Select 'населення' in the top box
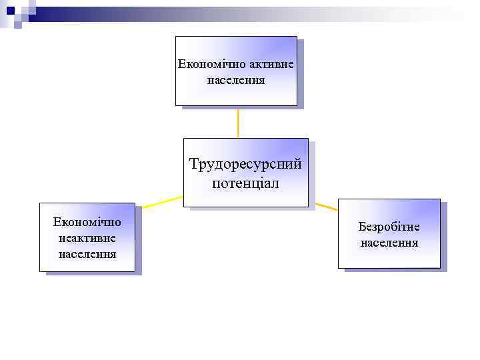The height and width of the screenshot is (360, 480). coord(236,81)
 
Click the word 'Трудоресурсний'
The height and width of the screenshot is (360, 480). coord(245,164)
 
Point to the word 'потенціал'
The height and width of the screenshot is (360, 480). coord(245,183)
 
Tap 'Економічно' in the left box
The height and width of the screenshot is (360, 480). coord(87,221)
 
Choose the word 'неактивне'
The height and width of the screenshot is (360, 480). coord(87,237)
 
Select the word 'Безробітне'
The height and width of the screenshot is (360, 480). coord(389,227)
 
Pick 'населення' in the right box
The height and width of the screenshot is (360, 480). coord(389,243)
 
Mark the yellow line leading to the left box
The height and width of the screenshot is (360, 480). coord(160,202)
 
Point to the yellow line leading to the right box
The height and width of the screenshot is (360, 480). coord(326,207)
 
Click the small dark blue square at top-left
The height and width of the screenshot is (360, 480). coord(10,10)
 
